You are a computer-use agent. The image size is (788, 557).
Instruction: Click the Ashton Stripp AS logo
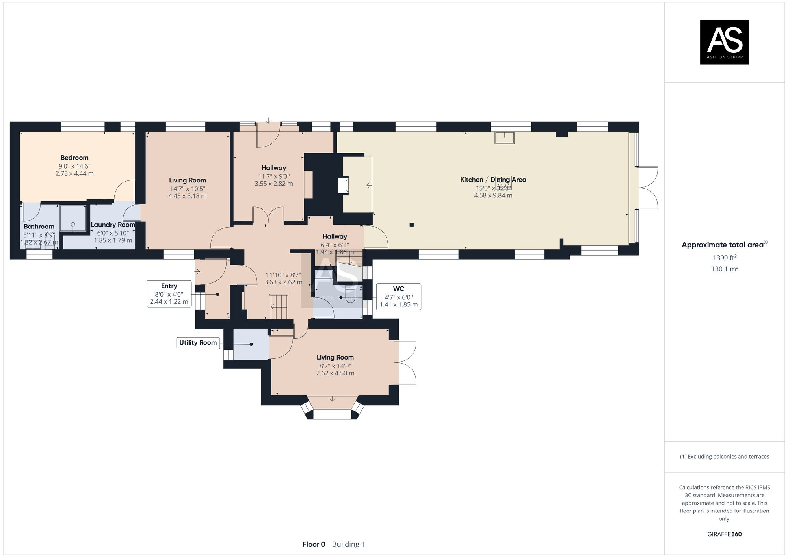click(724, 42)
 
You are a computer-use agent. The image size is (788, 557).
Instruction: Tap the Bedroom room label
click(74, 158)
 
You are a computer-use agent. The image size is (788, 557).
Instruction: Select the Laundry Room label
click(113, 225)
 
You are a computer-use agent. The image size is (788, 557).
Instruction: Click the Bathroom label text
click(39, 227)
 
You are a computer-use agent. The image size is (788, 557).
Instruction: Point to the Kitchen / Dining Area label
click(493, 180)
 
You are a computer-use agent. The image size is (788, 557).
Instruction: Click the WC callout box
click(398, 297)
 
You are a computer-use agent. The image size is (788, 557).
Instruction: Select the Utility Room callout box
click(198, 343)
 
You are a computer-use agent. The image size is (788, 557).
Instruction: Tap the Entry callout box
click(169, 294)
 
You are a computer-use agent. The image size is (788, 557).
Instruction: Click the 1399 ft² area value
click(724, 258)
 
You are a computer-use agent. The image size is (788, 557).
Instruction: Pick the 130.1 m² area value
click(724, 269)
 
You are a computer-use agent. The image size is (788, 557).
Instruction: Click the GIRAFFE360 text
click(724, 534)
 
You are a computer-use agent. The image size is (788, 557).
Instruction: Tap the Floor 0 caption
click(314, 544)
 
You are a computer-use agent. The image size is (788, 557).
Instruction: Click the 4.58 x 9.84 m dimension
click(493, 195)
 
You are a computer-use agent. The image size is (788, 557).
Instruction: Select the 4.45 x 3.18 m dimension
click(188, 196)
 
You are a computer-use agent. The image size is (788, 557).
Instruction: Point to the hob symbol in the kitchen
click(504, 183)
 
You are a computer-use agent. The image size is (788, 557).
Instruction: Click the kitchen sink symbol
click(504, 137)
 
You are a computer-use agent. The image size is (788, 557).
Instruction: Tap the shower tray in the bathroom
click(73, 218)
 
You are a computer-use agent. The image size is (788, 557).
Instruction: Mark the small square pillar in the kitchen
click(411, 225)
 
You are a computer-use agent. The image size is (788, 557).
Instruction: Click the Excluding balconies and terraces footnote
click(724, 457)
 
